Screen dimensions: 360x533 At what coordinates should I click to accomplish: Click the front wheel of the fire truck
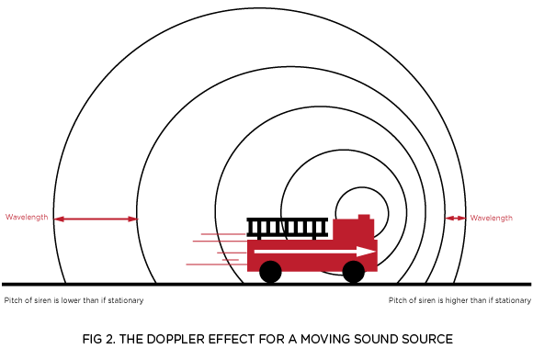click(x=354, y=271)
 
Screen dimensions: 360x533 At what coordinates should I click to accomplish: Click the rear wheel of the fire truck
click(x=270, y=271)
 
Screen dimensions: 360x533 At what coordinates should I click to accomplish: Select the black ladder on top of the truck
click(x=288, y=227)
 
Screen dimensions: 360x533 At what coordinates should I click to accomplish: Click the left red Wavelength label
click(x=27, y=218)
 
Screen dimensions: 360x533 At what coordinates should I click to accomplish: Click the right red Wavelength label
click(x=492, y=218)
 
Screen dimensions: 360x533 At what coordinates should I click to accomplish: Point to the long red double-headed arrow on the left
click(x=96, y=219)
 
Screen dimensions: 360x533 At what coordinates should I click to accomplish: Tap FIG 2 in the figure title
click(x=97, y=339)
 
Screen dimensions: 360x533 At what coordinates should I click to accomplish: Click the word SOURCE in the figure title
click(x=425, y=339)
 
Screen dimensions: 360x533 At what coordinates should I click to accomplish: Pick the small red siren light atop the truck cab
click(x=364, y=217)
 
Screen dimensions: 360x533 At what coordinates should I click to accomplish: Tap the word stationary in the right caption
click(x=513, y=300)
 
